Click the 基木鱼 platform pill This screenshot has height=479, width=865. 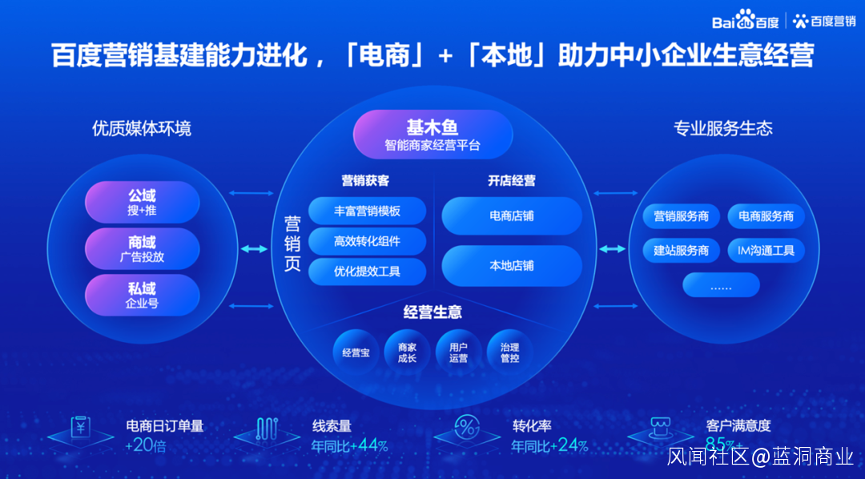(x=432, y=135)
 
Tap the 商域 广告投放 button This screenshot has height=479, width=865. (x=142, y=249)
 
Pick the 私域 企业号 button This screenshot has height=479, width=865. (x=142, y=296)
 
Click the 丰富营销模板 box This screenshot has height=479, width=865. (x=367, y=211)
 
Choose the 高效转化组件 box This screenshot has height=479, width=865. (x=367, y=241)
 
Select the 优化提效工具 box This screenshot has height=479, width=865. (x=367, y=271)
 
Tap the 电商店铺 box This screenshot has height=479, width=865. (x=512, y=216)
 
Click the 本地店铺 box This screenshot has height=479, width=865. (x=512, y=265)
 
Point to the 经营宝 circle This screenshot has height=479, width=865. (x=356, y=352)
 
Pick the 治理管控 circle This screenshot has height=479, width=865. (x=509, y=352)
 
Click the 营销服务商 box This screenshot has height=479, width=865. (x=682, y=217)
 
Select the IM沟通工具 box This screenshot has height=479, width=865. (x=766, y=251)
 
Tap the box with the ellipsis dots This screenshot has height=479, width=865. (x=721, y=285)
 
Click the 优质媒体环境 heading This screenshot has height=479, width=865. (x=142, y=129)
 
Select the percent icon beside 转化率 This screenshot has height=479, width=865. (x=465, y=426)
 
